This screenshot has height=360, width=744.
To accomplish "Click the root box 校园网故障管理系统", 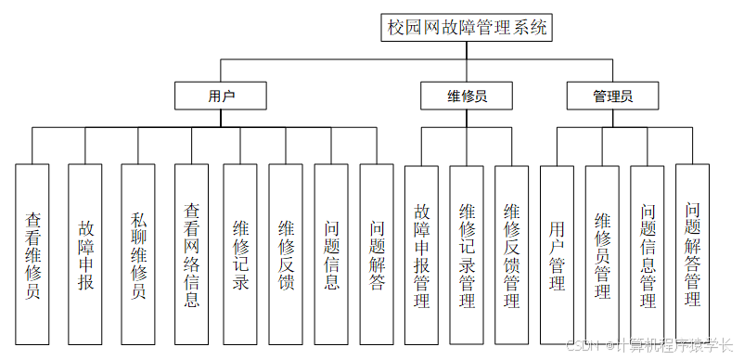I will [468, 28].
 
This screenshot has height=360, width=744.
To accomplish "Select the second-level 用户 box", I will [221, 96].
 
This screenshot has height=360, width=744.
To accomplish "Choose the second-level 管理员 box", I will [612, 96].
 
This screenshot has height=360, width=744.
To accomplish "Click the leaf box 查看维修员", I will [32, 255].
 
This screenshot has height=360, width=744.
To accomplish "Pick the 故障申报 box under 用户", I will [85, 255].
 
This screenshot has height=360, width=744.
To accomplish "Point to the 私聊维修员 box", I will [138, 255].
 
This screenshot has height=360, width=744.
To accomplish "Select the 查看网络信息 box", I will [191, 255].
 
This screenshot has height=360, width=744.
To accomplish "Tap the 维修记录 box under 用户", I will [239, 255].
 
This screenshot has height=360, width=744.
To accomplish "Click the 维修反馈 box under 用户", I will [286, 255].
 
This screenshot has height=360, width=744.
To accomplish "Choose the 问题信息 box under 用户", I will [331, 255].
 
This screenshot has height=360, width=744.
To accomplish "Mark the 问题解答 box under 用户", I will [377, 255].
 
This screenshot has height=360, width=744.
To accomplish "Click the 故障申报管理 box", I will [421, 255].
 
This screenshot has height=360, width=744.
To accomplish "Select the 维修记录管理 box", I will [467, 255].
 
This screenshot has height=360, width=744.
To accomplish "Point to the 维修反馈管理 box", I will [511, 255].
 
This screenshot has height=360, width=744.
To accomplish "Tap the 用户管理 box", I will [557, 255].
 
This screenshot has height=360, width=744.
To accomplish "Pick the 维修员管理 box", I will [602, 255].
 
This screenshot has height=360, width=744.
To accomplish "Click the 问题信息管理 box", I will [648, 255].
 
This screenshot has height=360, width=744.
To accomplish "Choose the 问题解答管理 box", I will [692, 255].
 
